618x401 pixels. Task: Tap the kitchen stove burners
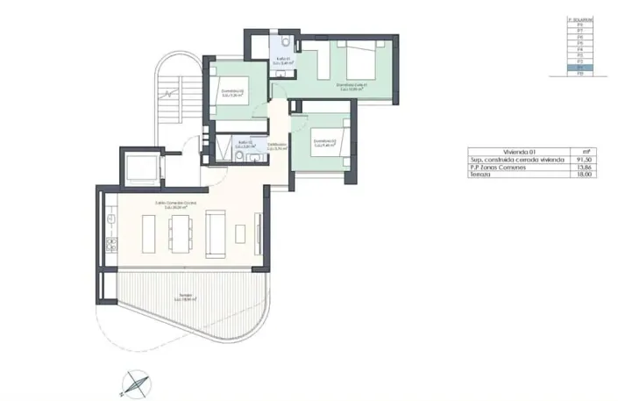[x=111, y=241]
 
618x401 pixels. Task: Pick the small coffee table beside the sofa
[x=240, y=233]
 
